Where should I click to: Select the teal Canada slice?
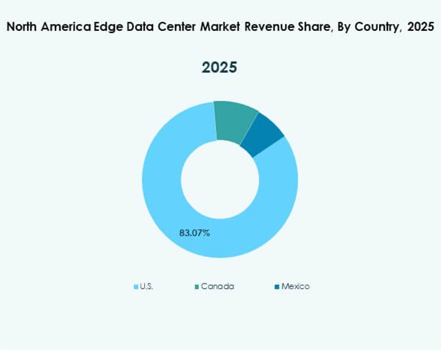point(235,120)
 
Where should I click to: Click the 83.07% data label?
point(194,233)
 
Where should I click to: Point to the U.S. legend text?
point(146,286)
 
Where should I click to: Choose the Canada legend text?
point(217,286)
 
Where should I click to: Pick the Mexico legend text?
point(295,286)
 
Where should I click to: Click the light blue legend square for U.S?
point(136,287)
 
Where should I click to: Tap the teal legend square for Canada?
point(197,287)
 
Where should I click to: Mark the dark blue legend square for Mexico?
point(277,287)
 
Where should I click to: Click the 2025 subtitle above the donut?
point(220,68)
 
